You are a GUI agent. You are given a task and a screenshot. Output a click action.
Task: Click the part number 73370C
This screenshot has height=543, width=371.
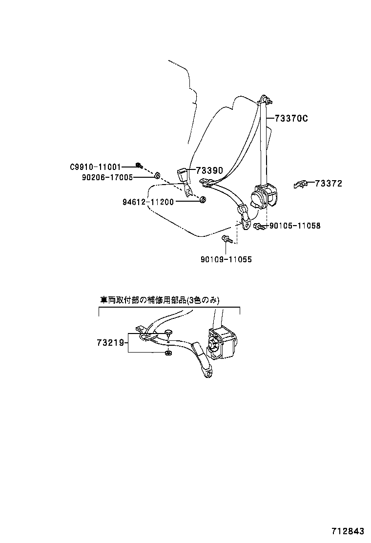click(x=291, y=118)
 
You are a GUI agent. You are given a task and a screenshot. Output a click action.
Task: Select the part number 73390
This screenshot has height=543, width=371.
click(x=209, y=170)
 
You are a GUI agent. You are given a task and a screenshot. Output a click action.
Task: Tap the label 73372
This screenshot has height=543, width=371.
click(x=329, y=184)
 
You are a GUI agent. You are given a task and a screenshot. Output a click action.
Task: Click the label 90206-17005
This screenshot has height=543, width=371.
click(x=107, y=177)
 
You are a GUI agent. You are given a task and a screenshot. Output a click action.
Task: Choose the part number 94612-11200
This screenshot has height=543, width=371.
click(x=148, y=201)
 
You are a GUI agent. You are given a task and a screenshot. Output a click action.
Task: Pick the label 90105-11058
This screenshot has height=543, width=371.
click(x=295, y=226)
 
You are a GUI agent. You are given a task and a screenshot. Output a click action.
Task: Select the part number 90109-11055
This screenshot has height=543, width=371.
click(x=226, y=260)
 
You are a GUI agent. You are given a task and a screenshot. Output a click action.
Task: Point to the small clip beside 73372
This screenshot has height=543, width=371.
click(x=299, y=184)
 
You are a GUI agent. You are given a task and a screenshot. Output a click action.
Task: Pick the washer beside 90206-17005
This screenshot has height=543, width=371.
click(x=157, y=175)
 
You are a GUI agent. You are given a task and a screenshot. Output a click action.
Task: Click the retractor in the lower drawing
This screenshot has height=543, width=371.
click(x=222, y=343)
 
